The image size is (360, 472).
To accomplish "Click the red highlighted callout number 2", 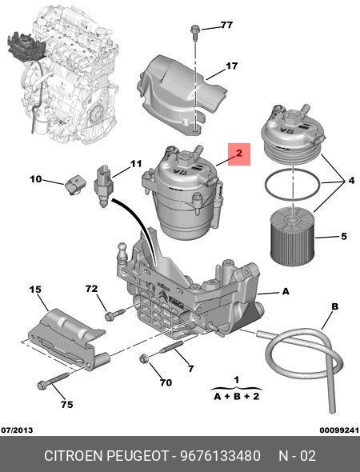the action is pyautogui.click(x=239, y=154).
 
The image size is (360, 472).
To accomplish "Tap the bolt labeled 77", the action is pyautogui.click(x=194, y=32).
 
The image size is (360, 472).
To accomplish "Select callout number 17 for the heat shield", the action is pyautogui.click(x=231, y=66).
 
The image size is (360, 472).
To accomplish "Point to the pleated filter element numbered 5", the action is pyautogui.click(x=293, y=238).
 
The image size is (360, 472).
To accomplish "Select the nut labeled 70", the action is pyautogui.click(x=144, y=358).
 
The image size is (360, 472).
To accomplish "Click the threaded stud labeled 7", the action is pyautogui.click(x=171, y=346).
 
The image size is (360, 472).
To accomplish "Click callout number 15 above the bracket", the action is pyautogui.click(x=35, y=290).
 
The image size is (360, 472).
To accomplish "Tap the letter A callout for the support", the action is pyautogui.click(x=286, y=291).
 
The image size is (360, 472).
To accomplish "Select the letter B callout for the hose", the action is pyautogui.click(x=334, y=306).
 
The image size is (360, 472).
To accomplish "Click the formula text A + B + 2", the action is pyautogui.click(x=236, y=396).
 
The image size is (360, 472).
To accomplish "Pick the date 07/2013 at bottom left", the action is pyautogui.click(x=17, y=430).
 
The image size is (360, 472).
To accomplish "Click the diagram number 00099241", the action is pyautogui.click(x=339, y=430).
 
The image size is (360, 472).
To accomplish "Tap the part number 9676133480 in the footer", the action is pyautogui.click(x=220, y=456).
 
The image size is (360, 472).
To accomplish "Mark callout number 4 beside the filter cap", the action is pyautogui.click(x=351, y=181).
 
